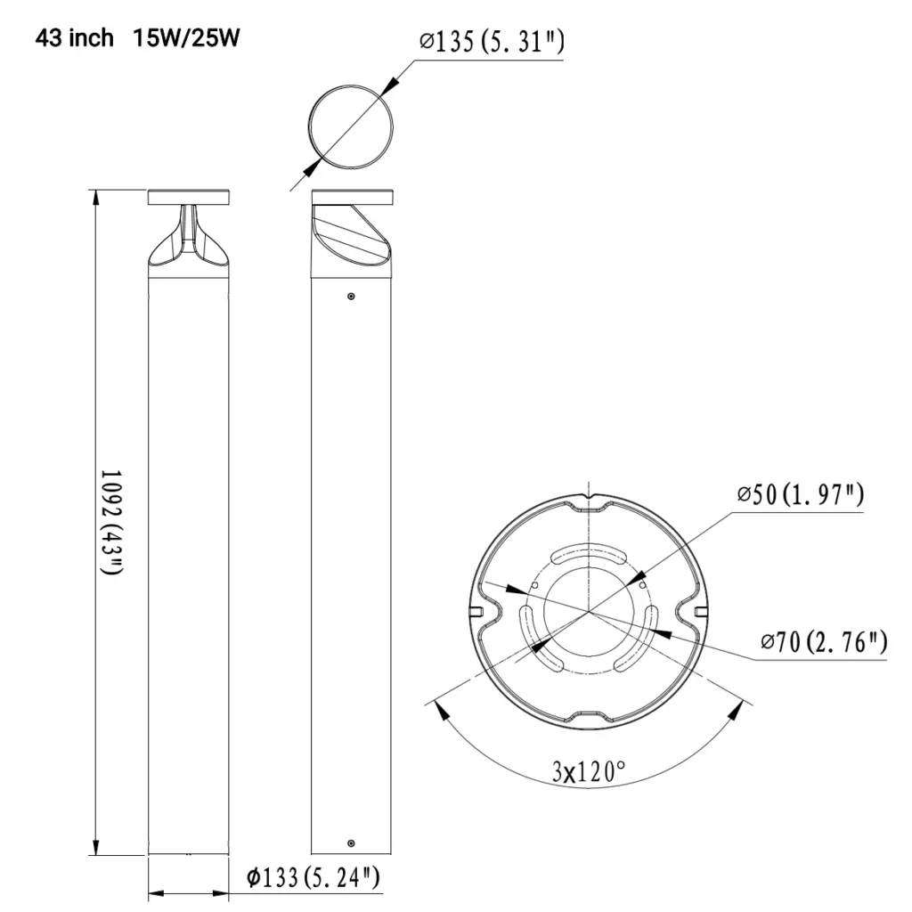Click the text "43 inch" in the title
click(75, 38)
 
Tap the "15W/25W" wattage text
click(186, 38)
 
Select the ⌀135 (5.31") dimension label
click(492, 42)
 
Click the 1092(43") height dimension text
click(111, 521)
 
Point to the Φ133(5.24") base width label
click(314, 877)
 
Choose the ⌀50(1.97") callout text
click(800, 496)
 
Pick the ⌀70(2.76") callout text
click(824, 641)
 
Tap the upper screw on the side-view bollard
click(351, 296)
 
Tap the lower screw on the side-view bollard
click(351, 843)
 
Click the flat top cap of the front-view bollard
click(189, 197)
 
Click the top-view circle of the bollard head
click(350, 126)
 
